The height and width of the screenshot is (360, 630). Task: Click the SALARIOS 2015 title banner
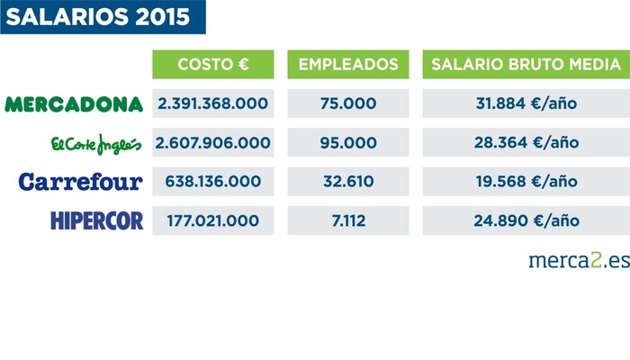point(103,18)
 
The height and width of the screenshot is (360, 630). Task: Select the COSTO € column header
point(213,65)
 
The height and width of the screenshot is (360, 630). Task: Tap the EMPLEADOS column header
point(347,65)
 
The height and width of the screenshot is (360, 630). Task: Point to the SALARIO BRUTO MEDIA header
point(526,65)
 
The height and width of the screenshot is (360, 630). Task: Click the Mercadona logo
point(75,104)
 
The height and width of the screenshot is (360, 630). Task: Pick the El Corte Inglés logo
point(96,144)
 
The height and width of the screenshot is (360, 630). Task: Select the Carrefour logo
point(81,182)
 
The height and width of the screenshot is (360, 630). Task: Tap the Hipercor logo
point(97,220)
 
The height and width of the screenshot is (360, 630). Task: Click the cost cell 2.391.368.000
point(213,103)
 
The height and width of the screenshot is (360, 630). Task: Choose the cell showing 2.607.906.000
point(213,142)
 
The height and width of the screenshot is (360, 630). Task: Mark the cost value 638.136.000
point(213,182)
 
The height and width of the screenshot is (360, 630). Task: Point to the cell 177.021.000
point(213,220)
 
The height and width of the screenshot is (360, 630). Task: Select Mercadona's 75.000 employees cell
point(347,103)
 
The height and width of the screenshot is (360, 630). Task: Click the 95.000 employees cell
point(347,142)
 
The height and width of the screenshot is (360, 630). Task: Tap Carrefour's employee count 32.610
point(347,182)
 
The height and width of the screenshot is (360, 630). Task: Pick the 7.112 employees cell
point(347,220)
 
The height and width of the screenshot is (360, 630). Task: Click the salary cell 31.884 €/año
point(526,103)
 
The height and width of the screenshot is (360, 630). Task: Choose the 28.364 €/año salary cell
point(526,142)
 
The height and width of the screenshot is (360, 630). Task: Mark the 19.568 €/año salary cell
point(526,182)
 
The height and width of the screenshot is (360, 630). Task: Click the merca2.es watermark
point(578,261)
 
